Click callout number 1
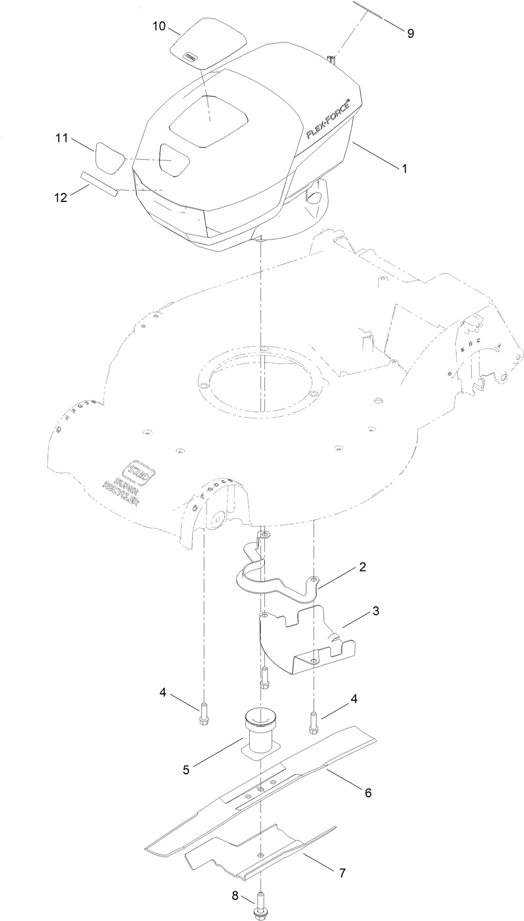click(403, 168)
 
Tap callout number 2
click(363, 567)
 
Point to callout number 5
click(186, 770)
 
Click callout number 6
click(368, 793)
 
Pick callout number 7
click(342, 873)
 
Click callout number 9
click(410, 33)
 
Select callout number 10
click(159, 26)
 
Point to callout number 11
click(61, 138)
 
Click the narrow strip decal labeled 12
click(99, 185)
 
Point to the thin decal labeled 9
click(368, 11)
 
